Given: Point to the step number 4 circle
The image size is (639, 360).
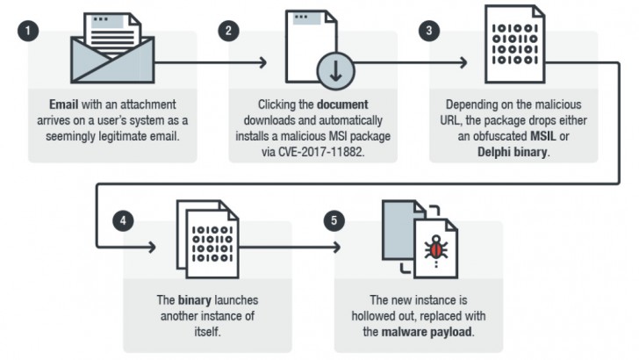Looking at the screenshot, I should click(126, 220).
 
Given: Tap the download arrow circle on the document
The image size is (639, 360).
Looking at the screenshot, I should click(335, 70).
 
